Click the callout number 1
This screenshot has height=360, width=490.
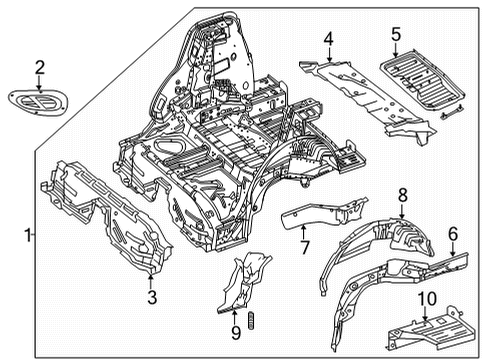click(28, 235)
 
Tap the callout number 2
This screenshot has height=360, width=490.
click(39, 68)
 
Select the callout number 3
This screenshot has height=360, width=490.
click(152, 297)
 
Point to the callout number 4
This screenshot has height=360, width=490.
click(328, 39)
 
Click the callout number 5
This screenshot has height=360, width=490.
click(396, 34)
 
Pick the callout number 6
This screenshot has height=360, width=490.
click(453, 234)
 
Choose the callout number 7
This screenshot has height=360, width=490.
click(305, 247)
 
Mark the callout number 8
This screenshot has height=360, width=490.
click(403, 195)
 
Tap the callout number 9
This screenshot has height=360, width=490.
click(236, 332)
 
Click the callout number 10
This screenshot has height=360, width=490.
click(427, 299)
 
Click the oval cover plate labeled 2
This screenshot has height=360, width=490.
click(38, 102)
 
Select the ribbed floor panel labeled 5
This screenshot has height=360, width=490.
click(423, 79)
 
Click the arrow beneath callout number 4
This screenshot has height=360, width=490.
click(329, 54)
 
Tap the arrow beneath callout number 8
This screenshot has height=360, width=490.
click(402, 211)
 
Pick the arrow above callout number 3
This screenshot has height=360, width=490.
click(151, 281)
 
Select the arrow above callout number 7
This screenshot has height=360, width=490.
click(303, 232)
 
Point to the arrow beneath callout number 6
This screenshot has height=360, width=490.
click(453, 249)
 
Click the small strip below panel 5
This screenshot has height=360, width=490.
click(452, 112)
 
